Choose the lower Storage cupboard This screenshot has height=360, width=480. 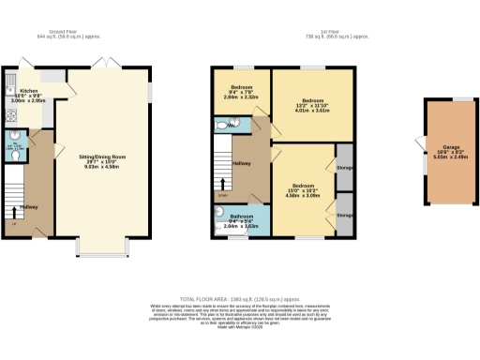(344, 215)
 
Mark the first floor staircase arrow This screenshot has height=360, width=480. (222, 184)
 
